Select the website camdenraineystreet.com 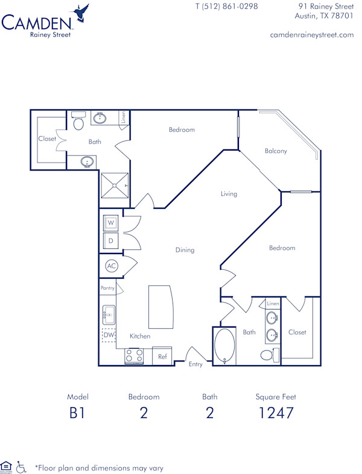coord(312,35)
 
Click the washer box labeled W coord(111,223)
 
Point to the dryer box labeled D coord(111,242)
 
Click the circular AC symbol coord(111,266)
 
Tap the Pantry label coord(107,288)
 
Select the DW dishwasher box coord(109,335)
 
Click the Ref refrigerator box coord(162,357)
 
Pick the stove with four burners coord(134,357)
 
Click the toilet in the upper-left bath coord(78,123)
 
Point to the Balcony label coord(276,151)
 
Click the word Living coord(229,194)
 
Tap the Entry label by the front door coord(195,364)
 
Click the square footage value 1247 coord(276,413)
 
